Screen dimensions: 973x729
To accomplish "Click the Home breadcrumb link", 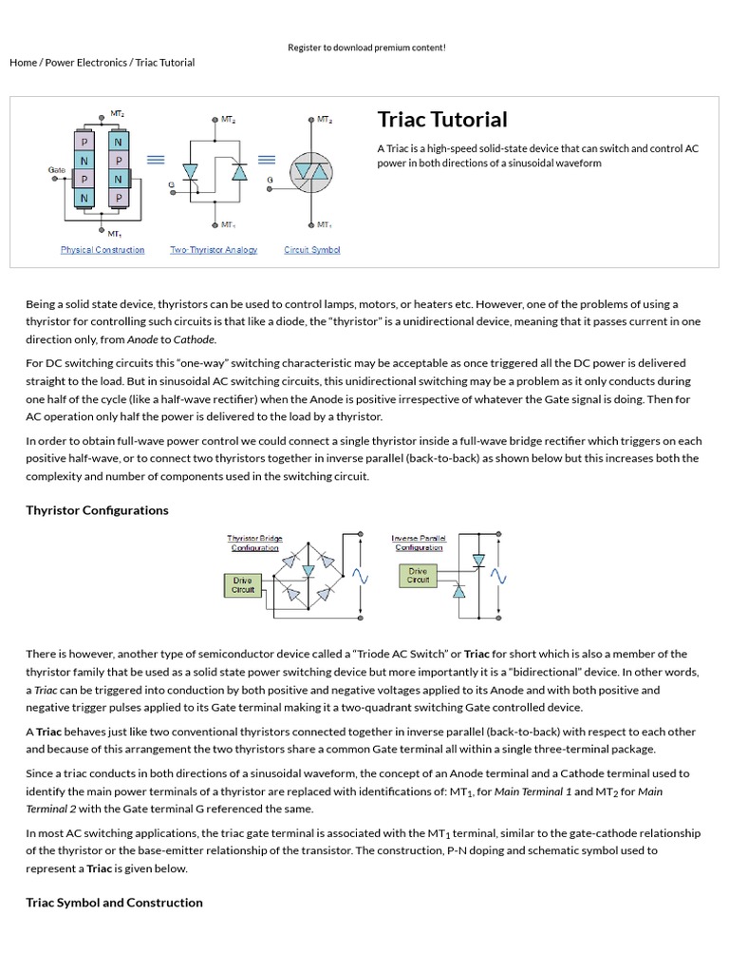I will [23, 63].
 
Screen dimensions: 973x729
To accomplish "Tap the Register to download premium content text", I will [366, 48].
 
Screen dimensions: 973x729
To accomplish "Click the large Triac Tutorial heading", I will [442, 120].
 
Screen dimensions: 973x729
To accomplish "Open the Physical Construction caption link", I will [103, 250].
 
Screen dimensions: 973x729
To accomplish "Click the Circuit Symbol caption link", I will [311, 250].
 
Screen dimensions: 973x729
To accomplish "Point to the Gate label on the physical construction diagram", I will [57, 170].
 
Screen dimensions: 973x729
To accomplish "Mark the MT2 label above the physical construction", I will [118, 113].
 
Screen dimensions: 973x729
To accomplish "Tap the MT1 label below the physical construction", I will [114, 234].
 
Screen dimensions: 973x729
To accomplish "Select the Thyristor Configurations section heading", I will [97, 510].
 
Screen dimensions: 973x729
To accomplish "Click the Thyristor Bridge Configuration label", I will [255, 543].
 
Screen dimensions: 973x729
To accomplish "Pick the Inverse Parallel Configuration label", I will [419, 543].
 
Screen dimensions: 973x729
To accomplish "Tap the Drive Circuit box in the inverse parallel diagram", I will [419, 576].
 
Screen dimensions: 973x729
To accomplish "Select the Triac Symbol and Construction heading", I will [114, 903].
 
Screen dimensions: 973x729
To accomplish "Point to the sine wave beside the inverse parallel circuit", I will [496, 577].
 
